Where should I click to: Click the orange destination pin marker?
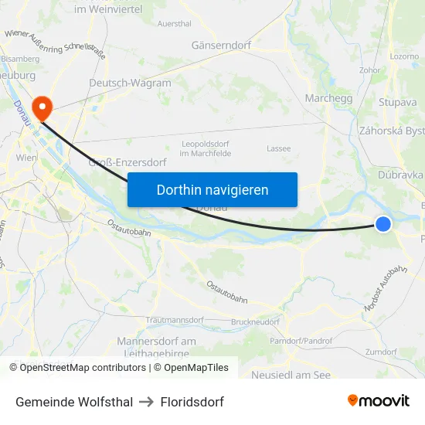coord(39,107)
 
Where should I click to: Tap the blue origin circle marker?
coord(383,224)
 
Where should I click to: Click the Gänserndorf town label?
coord(221,46)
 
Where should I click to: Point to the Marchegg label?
coord(328,98)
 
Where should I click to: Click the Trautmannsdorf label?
coord(175,320)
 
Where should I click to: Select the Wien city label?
coord(26,158)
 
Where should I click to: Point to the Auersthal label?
coord(174,24)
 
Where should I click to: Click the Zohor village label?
coord(369,70)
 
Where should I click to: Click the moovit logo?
coord(378,400)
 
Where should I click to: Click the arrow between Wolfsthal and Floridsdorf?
coord(146,402)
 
